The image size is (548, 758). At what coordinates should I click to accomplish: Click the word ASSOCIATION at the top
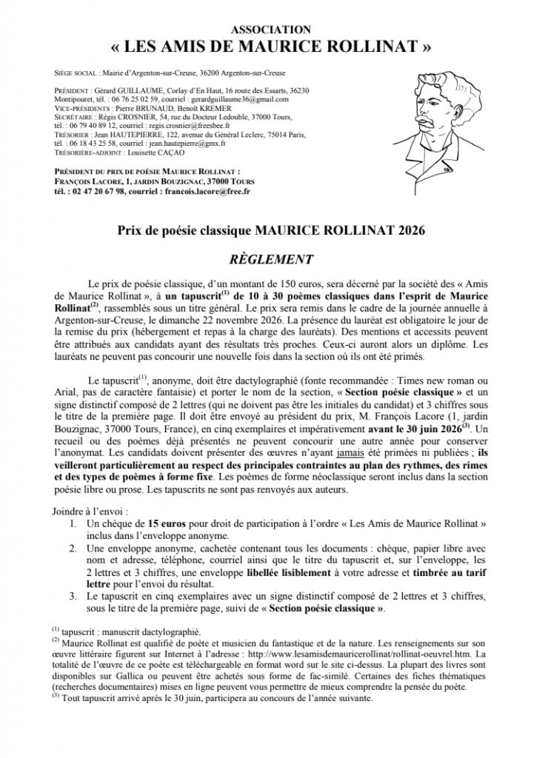pyautogui.click(x=272, y=29)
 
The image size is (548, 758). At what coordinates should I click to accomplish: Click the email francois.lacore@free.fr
pyautogui.click(x=206, y=190)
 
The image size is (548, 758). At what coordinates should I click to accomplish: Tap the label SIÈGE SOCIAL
pyautogui.click(x=76, y=74)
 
